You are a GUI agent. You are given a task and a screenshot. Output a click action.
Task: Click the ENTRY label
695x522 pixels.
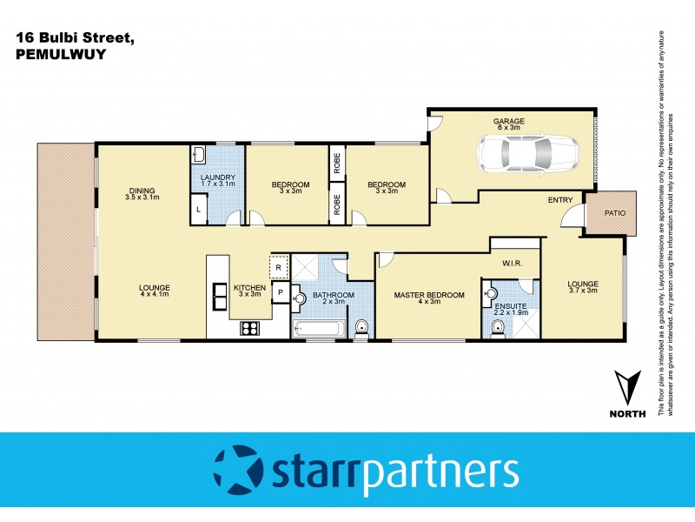[x=559, y=200]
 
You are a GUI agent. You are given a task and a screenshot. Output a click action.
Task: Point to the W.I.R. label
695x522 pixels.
[x=511, y=262]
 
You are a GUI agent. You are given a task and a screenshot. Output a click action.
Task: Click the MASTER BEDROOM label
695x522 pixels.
[x=429, y=295]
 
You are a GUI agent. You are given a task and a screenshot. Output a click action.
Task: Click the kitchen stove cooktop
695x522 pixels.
[x=249, y=328]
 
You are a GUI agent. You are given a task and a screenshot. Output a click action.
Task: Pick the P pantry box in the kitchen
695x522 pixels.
[x=281, y=293]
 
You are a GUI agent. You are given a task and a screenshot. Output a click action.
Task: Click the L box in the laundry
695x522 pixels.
[x=199, y=209]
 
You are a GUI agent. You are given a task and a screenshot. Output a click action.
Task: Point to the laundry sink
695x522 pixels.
[x=198, y=155]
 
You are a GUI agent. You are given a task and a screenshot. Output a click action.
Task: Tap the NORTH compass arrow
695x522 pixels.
[x=627, y=386]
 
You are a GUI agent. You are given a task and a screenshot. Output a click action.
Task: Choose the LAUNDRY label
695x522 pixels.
[x=218, y=177]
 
